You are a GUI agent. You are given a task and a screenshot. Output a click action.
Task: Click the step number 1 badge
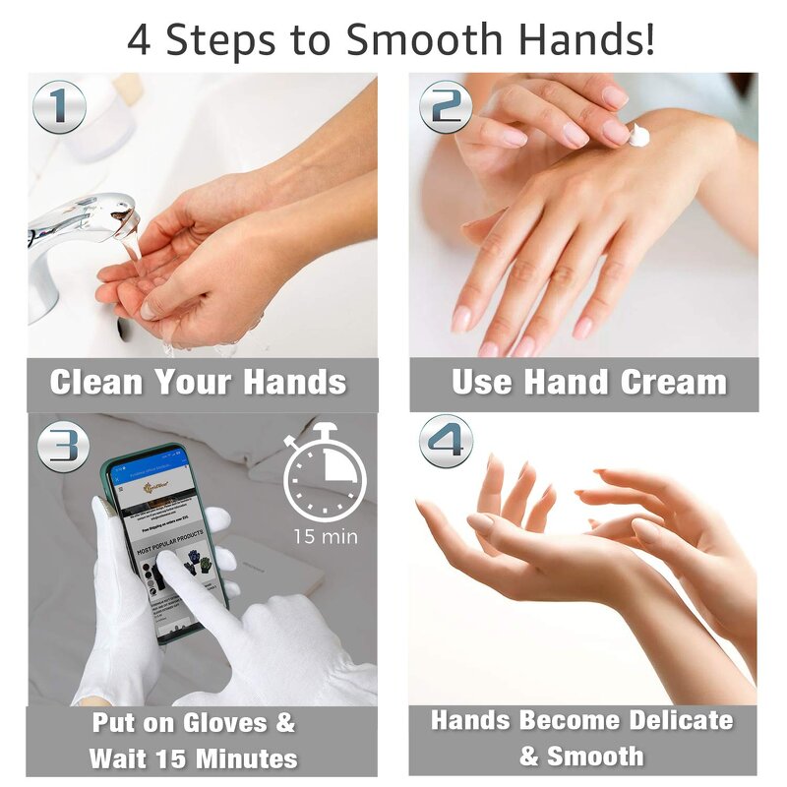point(59,106)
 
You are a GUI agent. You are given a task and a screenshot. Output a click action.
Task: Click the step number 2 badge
point(446,106)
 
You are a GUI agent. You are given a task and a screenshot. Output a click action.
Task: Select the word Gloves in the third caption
point(246,723)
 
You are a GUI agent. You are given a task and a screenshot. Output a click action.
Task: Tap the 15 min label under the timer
point(326,536)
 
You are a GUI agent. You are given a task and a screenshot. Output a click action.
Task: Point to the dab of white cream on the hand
point(639,136)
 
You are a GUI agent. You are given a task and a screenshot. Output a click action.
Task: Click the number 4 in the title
point(141,41)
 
